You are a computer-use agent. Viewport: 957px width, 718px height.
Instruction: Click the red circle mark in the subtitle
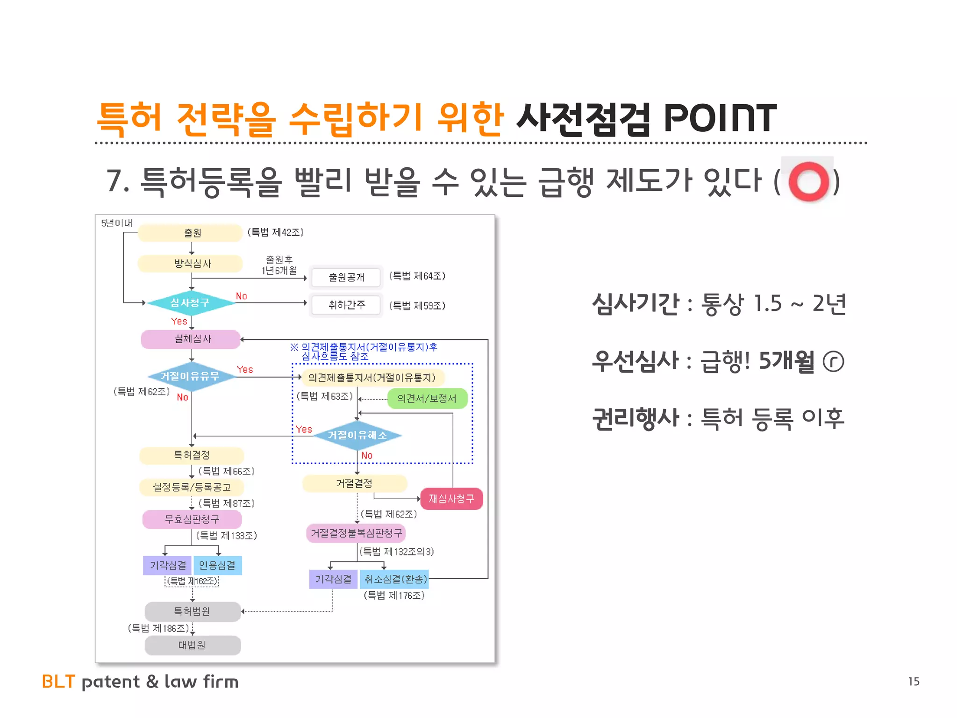point(808,181)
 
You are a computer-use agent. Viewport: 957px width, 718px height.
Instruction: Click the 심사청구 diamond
point(191,303)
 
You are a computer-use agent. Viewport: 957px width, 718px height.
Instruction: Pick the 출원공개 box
point(346,277)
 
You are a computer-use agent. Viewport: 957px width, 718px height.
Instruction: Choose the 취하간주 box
point(346,305)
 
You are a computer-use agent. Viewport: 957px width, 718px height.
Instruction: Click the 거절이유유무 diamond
point(191,376)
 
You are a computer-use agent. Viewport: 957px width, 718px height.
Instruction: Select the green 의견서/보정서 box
point(427,398)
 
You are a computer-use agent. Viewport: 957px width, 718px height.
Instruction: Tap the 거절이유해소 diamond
point(357,435)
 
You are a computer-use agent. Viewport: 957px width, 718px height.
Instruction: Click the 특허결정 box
point(192,455)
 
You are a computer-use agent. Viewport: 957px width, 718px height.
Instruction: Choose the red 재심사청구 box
point(451,499)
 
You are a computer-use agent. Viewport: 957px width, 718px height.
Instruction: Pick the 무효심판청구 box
point(192,519)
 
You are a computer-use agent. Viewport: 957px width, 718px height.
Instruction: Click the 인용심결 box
point(217,566)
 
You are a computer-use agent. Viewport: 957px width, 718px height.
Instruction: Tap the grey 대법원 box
point(193,645)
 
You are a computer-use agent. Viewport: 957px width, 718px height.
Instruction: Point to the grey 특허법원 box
point(193,611)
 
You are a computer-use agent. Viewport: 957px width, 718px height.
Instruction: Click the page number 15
point(914,682)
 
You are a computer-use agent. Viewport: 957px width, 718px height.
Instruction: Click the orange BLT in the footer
point(58,682)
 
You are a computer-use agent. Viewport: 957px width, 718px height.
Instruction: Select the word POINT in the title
point(720,119)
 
